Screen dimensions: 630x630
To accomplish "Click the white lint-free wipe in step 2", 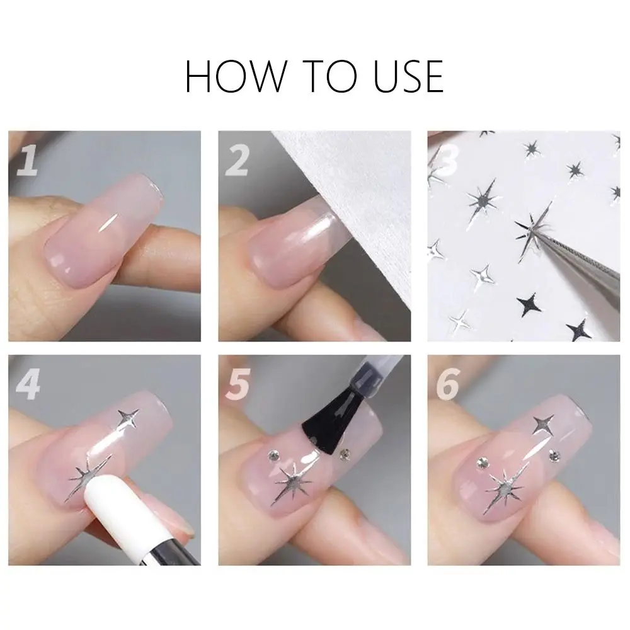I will (x=353, y=189).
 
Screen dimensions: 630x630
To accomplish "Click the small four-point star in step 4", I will (x=129, y=420).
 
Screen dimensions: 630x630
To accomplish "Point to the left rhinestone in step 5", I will (x=273, y=455).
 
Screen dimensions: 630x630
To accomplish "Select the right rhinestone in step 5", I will (x=345, y=452).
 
